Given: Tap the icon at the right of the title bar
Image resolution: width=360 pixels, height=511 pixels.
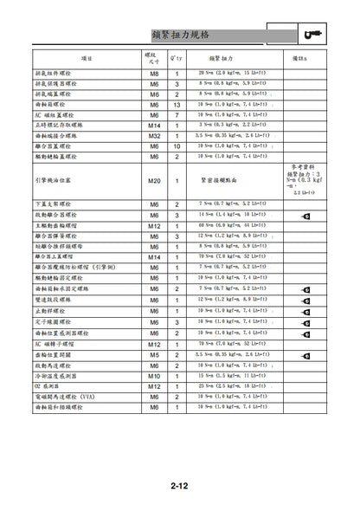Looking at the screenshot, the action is click(x=314, y=34).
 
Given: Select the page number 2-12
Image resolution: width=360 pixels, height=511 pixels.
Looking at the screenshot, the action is click(x=180, y=486).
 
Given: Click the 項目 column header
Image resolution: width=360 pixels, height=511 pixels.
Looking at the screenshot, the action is click(x=87, y=57).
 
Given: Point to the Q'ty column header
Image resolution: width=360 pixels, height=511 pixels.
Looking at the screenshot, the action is click(x=177, y=57).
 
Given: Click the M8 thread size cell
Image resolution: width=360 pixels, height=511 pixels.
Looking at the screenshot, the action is click(x=154, y=73).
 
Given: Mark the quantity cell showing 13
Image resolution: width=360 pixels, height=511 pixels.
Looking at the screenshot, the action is click(x=177, y=104).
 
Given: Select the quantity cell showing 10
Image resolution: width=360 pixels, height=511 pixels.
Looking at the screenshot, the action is click(x=177, y=146).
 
